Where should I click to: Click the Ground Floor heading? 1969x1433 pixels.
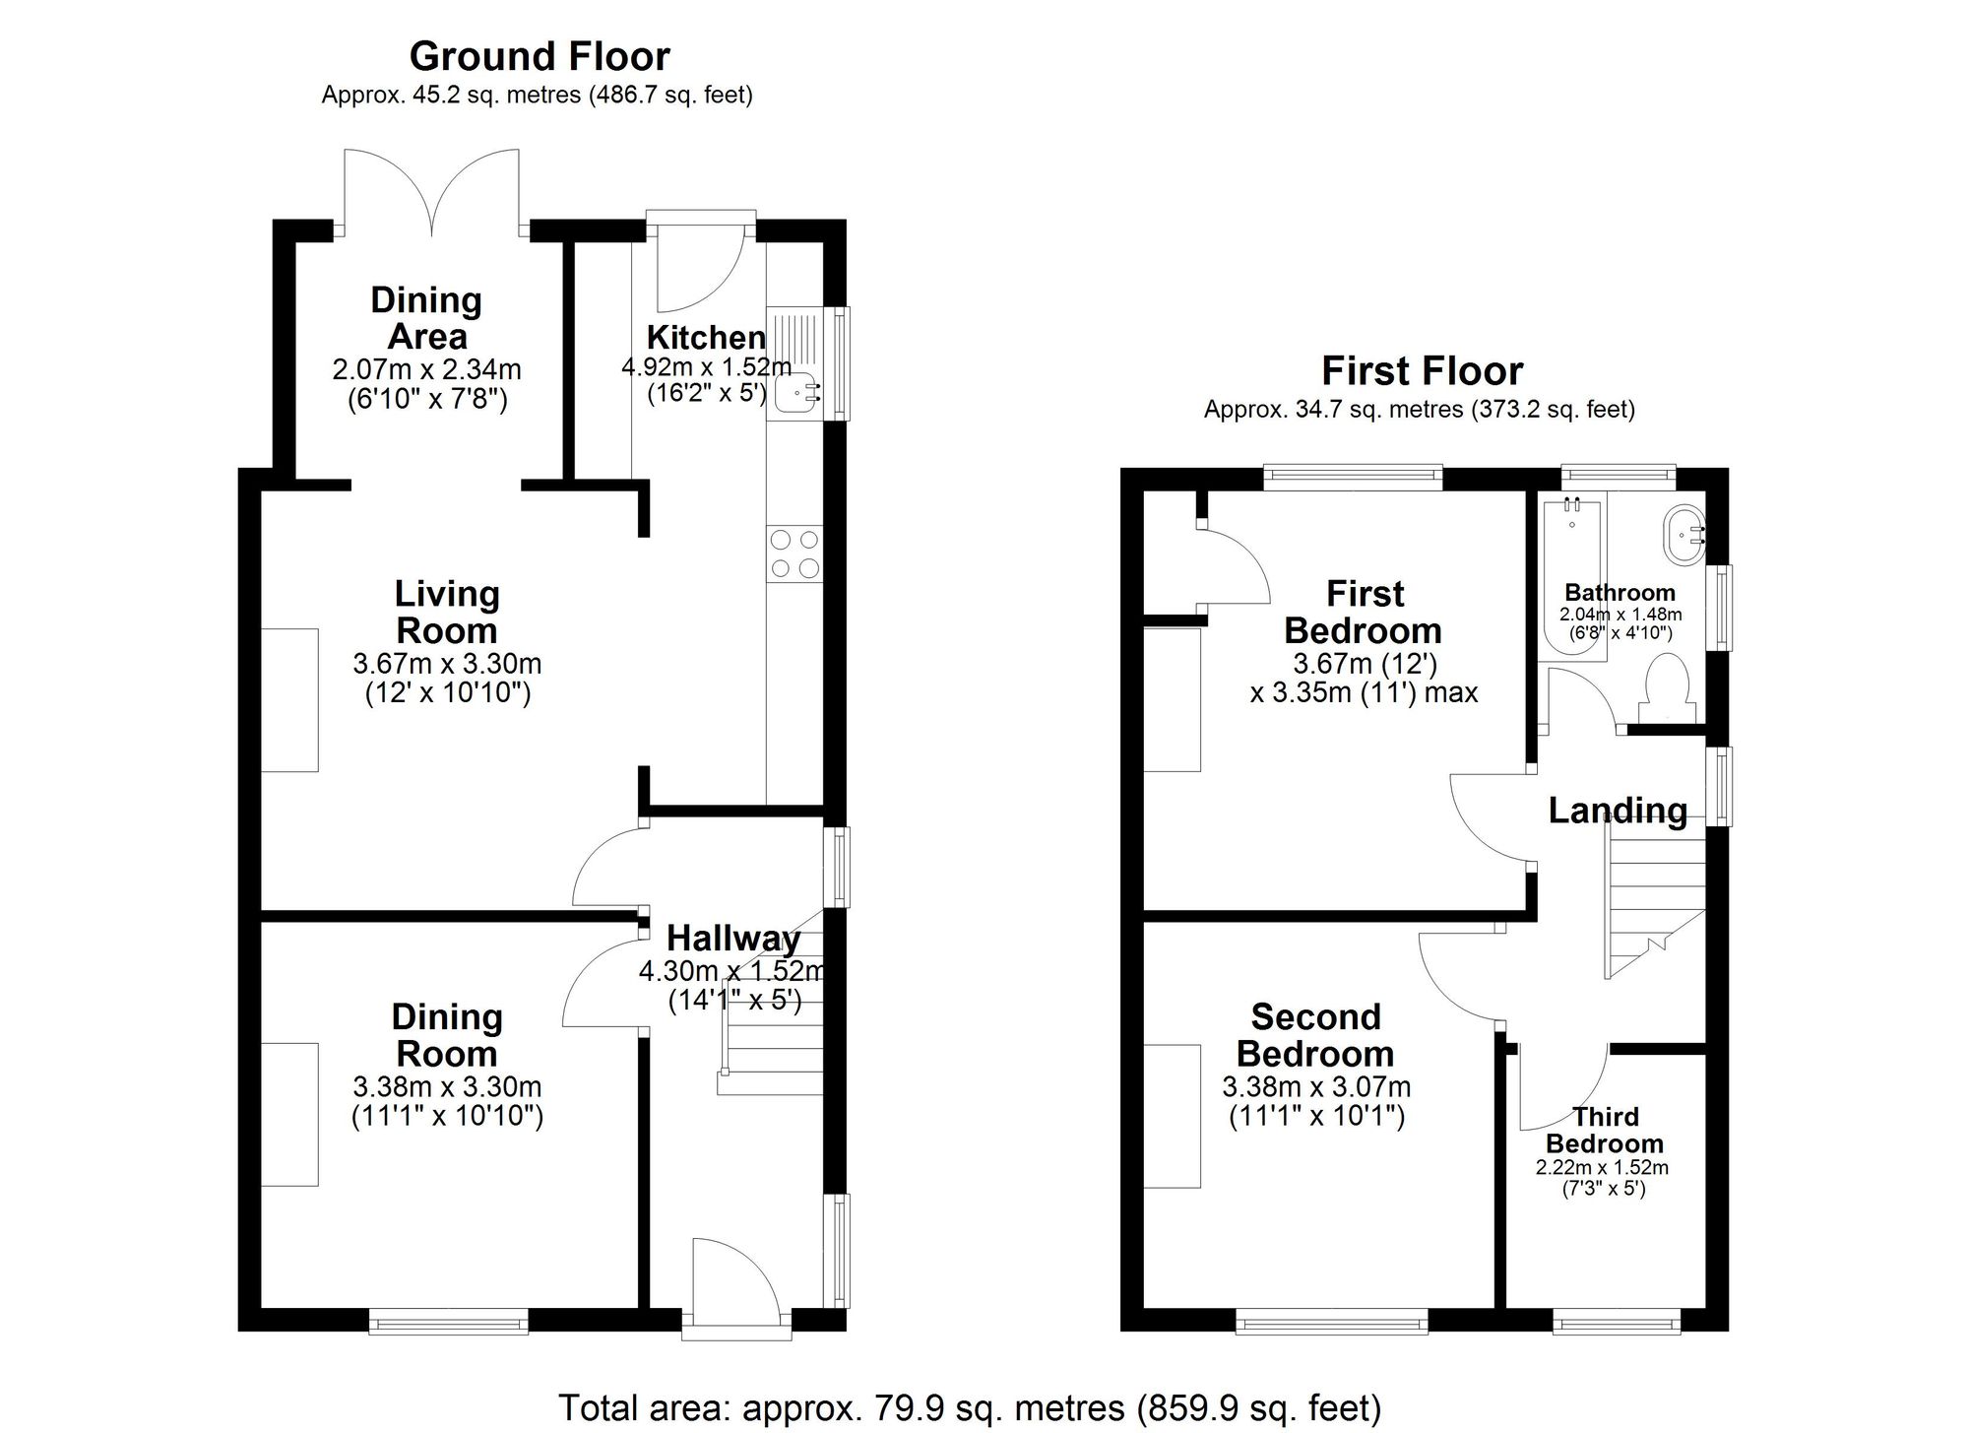click(540, 57)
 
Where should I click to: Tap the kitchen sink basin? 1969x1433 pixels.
click(794, 395)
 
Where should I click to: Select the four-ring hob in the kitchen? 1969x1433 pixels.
click(794, 554)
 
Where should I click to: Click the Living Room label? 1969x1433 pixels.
click(447, 612)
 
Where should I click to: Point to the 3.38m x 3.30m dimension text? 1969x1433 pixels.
click(447, 1087)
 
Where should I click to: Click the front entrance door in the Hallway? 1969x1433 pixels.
click(733, 1280)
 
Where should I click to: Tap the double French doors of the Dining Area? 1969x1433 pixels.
click(431, 192)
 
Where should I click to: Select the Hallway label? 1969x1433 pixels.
click(733, 939)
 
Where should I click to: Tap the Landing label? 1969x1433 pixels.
click(1618, 811)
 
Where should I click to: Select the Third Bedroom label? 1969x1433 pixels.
click(1605, 1130)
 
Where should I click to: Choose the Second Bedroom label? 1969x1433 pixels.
click(1315, 1035)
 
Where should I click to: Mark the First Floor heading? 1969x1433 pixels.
click(1422, 371)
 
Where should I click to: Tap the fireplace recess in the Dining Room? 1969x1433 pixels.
click(289, 1114)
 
